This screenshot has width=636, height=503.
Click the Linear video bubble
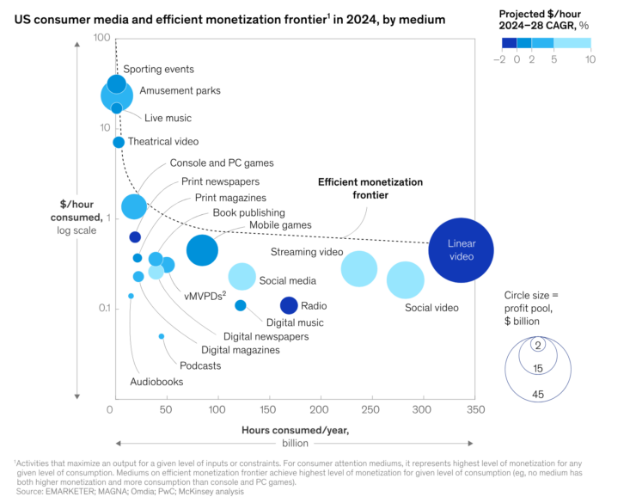[462, 250]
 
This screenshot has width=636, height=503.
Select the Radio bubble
[289, 304]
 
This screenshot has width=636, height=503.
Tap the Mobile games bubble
[202, 249]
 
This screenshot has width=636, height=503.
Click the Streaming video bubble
[359, 268]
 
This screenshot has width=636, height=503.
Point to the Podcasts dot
[161, 336]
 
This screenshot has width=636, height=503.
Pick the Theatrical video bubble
[119, 142]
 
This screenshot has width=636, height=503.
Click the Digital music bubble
[241, 305]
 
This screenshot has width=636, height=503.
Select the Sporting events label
[158, 70]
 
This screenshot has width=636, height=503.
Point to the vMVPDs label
[205, 296]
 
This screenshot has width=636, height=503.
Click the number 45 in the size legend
[538, 395]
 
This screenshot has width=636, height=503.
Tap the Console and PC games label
[222, 163]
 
